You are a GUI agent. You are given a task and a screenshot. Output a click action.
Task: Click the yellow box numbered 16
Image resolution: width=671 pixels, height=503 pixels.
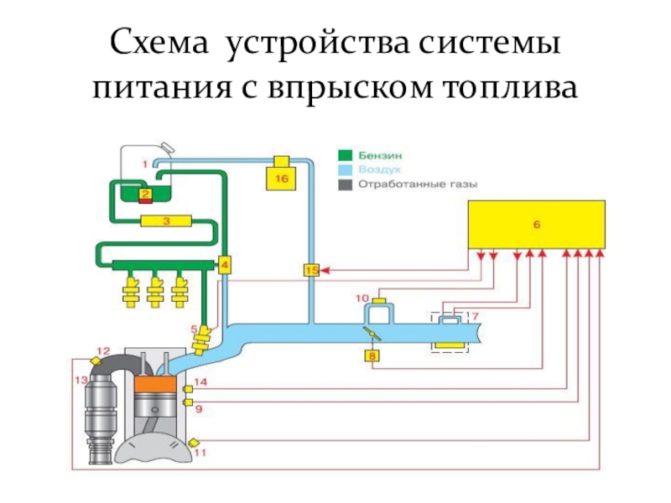coord(281,178)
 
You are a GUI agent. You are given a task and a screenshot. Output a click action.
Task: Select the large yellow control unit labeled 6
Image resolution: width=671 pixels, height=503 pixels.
coord(537,225)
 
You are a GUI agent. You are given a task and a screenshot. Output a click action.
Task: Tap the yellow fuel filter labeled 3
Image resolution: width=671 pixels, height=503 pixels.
coord(166,221)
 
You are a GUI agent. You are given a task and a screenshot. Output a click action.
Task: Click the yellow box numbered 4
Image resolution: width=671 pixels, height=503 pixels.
coord(225,265)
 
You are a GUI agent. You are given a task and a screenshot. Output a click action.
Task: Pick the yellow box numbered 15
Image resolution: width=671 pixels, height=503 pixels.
coord(311,270)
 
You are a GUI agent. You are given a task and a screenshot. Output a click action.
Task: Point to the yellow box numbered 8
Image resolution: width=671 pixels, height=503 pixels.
coord(372,355)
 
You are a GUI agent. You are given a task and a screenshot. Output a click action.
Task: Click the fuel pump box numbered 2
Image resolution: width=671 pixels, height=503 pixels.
coord(145,194)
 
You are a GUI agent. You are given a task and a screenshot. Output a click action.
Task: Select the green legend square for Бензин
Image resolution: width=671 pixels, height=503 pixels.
coord(345,155)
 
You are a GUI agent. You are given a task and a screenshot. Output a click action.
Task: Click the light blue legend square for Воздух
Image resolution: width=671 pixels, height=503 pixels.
coord(345,170)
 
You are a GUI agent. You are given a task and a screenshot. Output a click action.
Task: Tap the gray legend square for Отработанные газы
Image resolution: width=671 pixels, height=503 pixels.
coord(345,184)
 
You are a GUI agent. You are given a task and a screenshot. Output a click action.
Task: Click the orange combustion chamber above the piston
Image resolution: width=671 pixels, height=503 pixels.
coord(156,385)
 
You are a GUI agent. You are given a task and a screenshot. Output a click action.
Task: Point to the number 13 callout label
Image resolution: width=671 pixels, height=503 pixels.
coord(81,380)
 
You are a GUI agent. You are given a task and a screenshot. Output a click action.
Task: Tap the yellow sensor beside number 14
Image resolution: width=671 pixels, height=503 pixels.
coord(187,389)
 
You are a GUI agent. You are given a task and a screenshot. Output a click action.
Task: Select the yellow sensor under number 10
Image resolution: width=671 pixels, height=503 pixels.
coord(379,301)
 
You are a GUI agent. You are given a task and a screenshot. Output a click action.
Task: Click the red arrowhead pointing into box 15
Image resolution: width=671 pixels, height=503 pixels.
coord(324,270)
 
